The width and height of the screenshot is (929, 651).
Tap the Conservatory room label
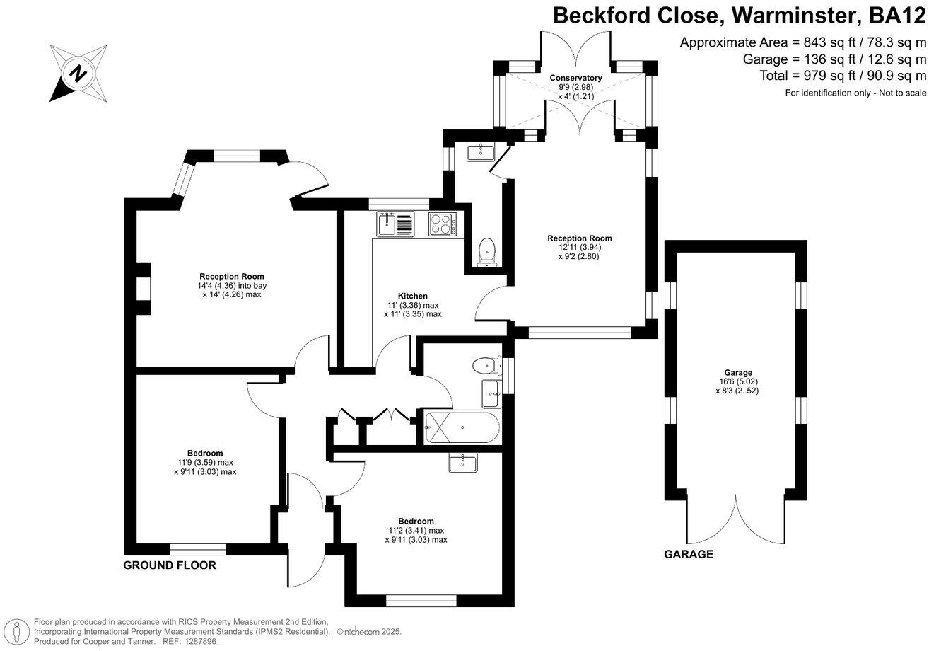click(575, 78)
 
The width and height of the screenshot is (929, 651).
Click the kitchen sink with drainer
click(395, 224)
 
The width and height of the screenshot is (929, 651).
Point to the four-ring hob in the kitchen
click(442, 224)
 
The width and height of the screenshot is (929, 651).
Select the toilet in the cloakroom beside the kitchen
click(487, 252)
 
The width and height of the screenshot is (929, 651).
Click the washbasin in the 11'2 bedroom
click(462, 462)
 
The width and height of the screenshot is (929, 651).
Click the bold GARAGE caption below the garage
click(688, 555)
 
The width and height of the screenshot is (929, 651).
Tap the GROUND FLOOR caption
click(170, 565)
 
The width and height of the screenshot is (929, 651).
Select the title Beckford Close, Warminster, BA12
click(739, 16)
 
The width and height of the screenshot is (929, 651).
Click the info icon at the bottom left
click(16, 631)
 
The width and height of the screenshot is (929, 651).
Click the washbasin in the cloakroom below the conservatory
click(484, 151)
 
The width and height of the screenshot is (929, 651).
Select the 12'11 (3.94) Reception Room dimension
click(579, 247)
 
